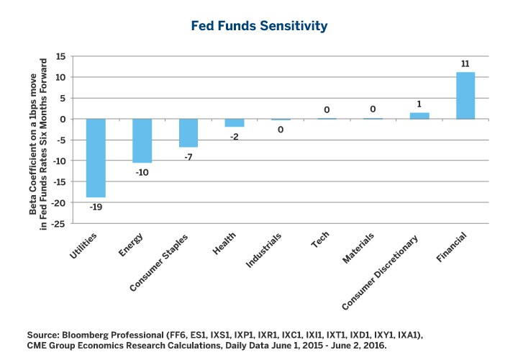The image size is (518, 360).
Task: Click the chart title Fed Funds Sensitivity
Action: pos(259,26)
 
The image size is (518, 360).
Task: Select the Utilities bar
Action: pos(96,158)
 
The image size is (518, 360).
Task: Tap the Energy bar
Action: pos(142,140)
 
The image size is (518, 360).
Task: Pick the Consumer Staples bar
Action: pos(188,132)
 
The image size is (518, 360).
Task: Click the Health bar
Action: pos(235,122)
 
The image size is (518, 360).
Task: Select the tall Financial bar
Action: pos(465,95)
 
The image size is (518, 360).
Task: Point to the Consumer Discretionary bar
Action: pos(419,115)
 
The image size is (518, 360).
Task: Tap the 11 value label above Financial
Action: pos(465,64)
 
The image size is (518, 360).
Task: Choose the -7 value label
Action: pos(188,156)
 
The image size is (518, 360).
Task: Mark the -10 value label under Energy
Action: pos(142,172)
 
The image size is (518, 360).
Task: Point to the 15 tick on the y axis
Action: pos(60,56)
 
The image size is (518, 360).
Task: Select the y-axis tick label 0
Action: pos(63,119)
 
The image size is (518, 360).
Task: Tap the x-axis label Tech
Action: pos(319,240)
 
